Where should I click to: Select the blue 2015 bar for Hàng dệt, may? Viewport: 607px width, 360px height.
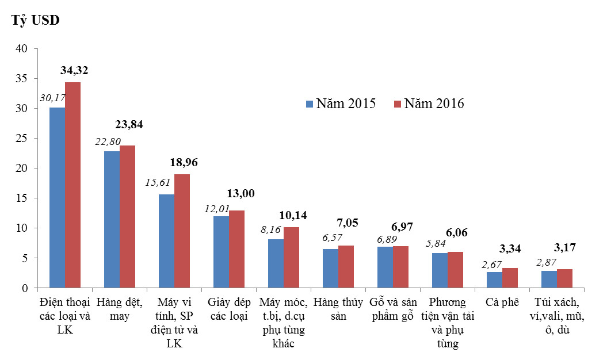(112, 219)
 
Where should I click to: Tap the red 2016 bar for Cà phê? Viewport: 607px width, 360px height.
(510, 278)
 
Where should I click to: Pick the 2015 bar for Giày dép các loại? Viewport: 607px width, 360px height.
(221, 252)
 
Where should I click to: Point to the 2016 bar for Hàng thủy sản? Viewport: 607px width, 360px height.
(346, 267)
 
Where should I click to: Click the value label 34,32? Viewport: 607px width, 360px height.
(74, 71)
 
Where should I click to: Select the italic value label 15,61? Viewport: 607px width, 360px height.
(158, 182)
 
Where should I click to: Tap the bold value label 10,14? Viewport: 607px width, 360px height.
(292, 216)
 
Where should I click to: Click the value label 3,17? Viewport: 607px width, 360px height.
(564, 248)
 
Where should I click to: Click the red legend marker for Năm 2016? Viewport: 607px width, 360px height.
(397, 104)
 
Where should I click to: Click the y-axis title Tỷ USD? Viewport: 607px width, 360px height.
(36, 20)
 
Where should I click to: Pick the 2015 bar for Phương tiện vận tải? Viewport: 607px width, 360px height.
(440, 270)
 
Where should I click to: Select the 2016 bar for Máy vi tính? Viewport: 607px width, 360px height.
(182, 231)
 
